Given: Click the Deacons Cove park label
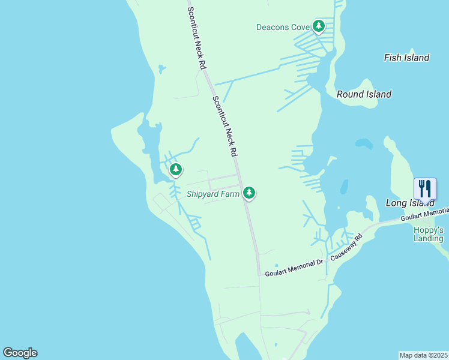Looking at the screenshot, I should [282, 27].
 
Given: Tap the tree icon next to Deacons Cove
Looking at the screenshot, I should [318, 26].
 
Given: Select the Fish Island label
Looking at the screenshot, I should [406, 58].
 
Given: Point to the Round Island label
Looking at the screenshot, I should [364, 94].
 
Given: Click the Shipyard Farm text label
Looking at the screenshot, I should [212, 193].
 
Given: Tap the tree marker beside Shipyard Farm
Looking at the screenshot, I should [249, 193].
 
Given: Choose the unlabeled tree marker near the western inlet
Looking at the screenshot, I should [176, 170].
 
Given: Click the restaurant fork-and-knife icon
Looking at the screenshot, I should [425, 188].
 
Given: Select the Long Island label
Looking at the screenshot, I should [409, 203].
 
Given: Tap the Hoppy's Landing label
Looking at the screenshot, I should [428, 234].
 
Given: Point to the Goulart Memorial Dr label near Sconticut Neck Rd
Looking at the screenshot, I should [295, 264].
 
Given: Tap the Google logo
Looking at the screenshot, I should [20, 353].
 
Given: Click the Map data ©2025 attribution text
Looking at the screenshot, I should [423, 355].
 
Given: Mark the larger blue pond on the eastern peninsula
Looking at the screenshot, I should [363, 144].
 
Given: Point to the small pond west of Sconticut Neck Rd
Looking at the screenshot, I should [161, 69].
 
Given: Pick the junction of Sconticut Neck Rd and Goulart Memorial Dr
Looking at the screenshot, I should [259, 274].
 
